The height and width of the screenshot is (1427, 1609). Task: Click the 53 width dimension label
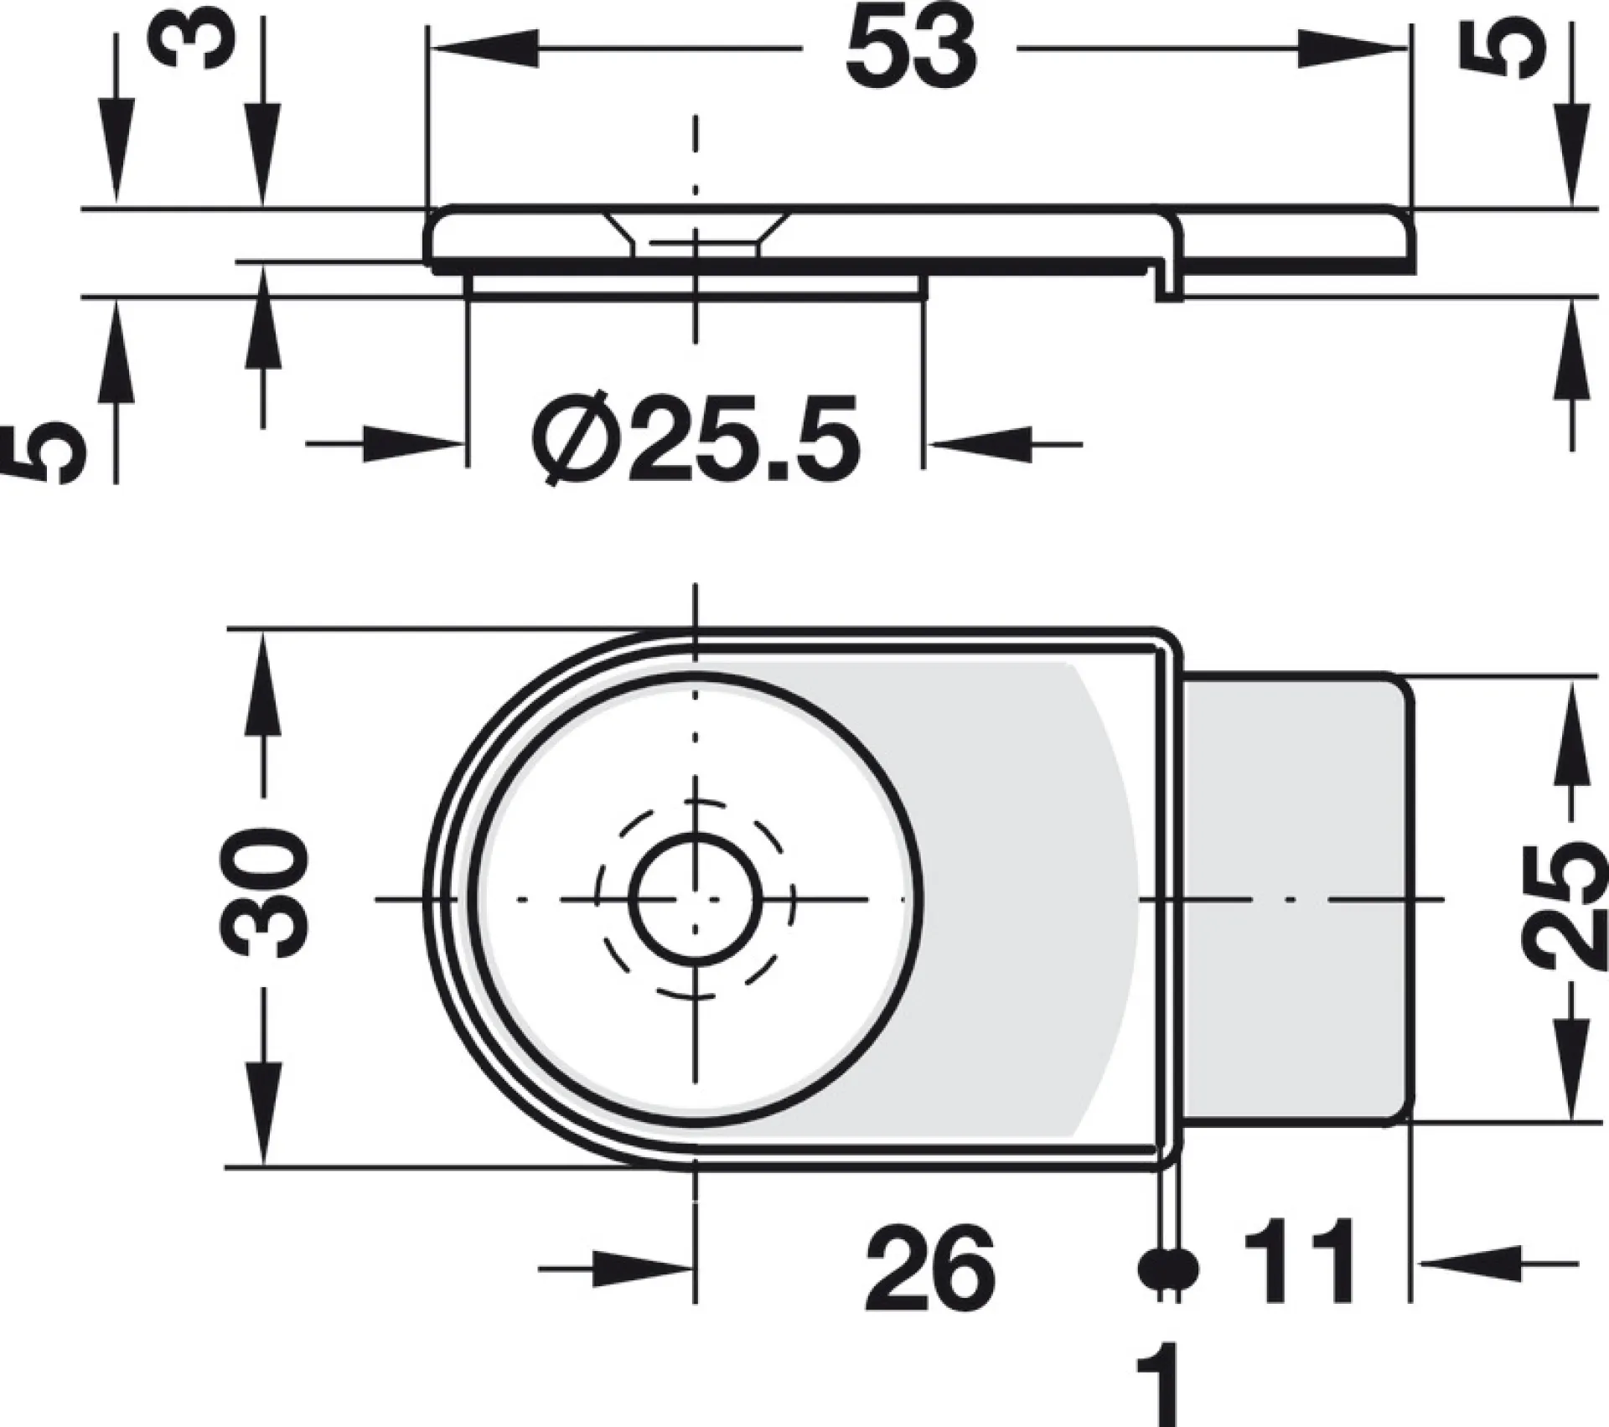coord(911,49)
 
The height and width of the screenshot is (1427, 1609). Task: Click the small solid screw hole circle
coord(695,899)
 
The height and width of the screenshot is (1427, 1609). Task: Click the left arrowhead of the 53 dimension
coord(483,49)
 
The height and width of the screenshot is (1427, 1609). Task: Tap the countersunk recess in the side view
coord(696,234)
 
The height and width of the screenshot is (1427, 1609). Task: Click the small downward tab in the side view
coord(1170,282)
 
